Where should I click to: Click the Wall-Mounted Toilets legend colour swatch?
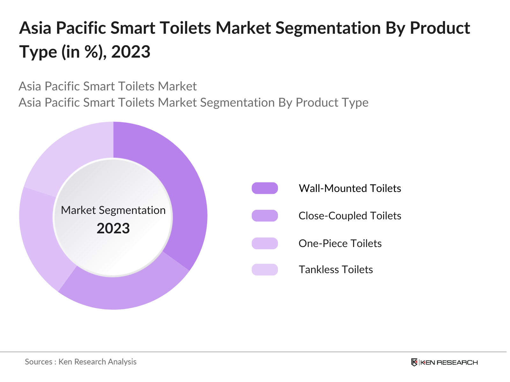265,188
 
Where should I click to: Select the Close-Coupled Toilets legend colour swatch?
265,216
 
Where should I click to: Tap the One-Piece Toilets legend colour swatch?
265,243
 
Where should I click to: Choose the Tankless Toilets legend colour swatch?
265,270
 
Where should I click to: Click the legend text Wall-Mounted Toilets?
350,188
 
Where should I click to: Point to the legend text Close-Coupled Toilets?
350,216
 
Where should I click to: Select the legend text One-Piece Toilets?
340,243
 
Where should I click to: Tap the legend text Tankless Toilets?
336,270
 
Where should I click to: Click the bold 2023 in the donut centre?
113,229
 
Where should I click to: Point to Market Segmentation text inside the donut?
113,210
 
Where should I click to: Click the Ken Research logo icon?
414,362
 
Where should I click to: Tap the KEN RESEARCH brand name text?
449,362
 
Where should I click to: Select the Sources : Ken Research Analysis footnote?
81,362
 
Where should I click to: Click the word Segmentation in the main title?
328,28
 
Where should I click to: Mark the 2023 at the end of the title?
131,52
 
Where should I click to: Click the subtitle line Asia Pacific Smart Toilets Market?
108,86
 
